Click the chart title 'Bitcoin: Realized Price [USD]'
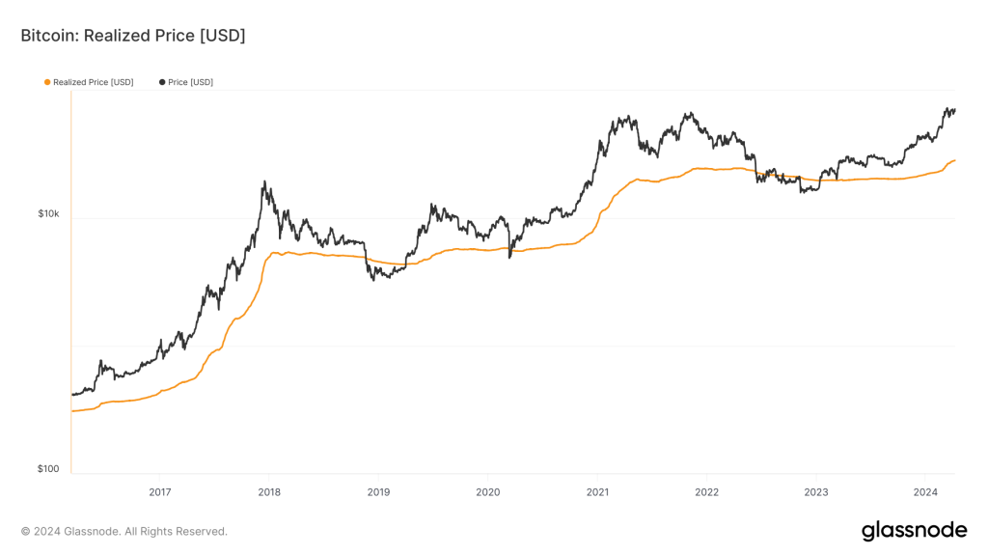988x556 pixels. pos(133,36)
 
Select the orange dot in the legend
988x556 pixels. pos(47,82)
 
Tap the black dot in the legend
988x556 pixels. pos(162,82)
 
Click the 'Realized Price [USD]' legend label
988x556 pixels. pos(94,82)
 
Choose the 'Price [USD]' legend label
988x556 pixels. pos(190,82)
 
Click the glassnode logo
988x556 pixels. pos(914,530)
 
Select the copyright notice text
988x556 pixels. pos(124,531)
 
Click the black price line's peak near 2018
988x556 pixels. pos(264,181)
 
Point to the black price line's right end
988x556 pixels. pos(954,110)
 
